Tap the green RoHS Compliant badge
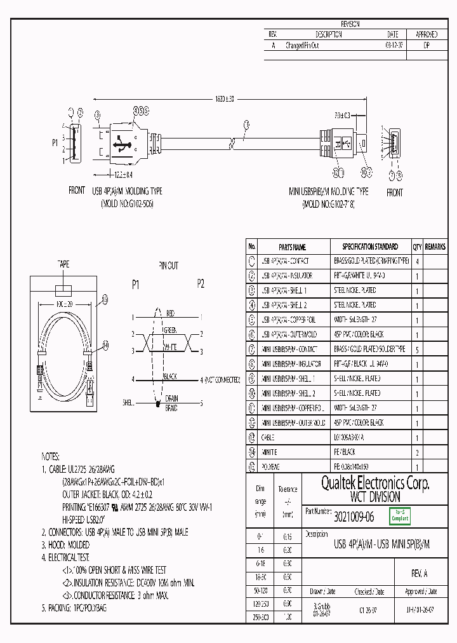click(400, 517)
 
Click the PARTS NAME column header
click(293, 247)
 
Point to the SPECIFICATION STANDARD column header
click(370, 247)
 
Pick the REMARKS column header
click(435, 247)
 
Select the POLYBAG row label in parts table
click(271, 467)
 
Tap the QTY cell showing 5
click(416, 349)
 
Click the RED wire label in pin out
click(170, 314)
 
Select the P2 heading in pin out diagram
click(201, 285)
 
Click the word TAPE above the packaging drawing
click(63, 264)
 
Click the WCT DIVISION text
click(375, 497)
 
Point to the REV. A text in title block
click(420, 573)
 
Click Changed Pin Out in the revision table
click(302, 46)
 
